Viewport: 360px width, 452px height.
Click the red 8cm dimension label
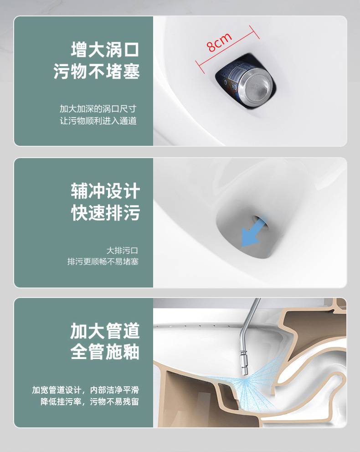tap(220, 42)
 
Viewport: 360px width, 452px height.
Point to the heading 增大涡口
tap(105, 50)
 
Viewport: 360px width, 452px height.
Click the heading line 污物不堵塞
tap(97, 71)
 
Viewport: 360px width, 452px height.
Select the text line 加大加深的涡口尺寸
tap(98, 109)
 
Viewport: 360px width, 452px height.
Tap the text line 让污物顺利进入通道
tap(98, 120)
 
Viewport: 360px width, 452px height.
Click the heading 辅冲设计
tap(105, 191)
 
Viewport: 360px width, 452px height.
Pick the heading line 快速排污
tap(105, 213)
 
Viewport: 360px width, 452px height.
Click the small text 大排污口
tap(122, 250)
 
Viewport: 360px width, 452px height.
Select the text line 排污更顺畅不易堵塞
tap(103, 262)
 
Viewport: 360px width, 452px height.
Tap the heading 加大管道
tap(105, 331)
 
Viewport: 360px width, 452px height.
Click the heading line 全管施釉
tap(105, 352)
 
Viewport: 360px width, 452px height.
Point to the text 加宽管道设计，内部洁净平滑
tap(86, 390)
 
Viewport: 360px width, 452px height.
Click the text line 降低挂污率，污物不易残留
tap(90, 401)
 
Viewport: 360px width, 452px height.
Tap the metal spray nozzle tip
tap(245, 372)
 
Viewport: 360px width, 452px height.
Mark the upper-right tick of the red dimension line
tap(254, 32)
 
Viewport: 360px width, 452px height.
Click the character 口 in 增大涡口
tap(131, 50)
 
